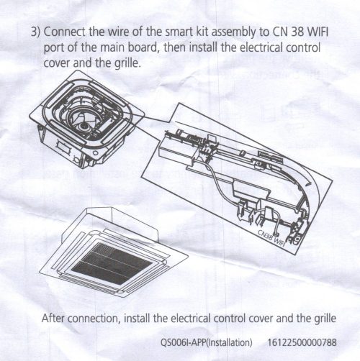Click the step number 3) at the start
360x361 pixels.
pos(35,32)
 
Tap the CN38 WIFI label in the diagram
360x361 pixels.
pos(271,238)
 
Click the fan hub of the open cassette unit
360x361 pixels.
pos(84,127)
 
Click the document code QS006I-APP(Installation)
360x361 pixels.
pos(206,342)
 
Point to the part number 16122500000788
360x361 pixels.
pos(302,342)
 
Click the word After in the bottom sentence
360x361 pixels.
pos(53,319)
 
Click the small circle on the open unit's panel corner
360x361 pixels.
pos(96,152)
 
